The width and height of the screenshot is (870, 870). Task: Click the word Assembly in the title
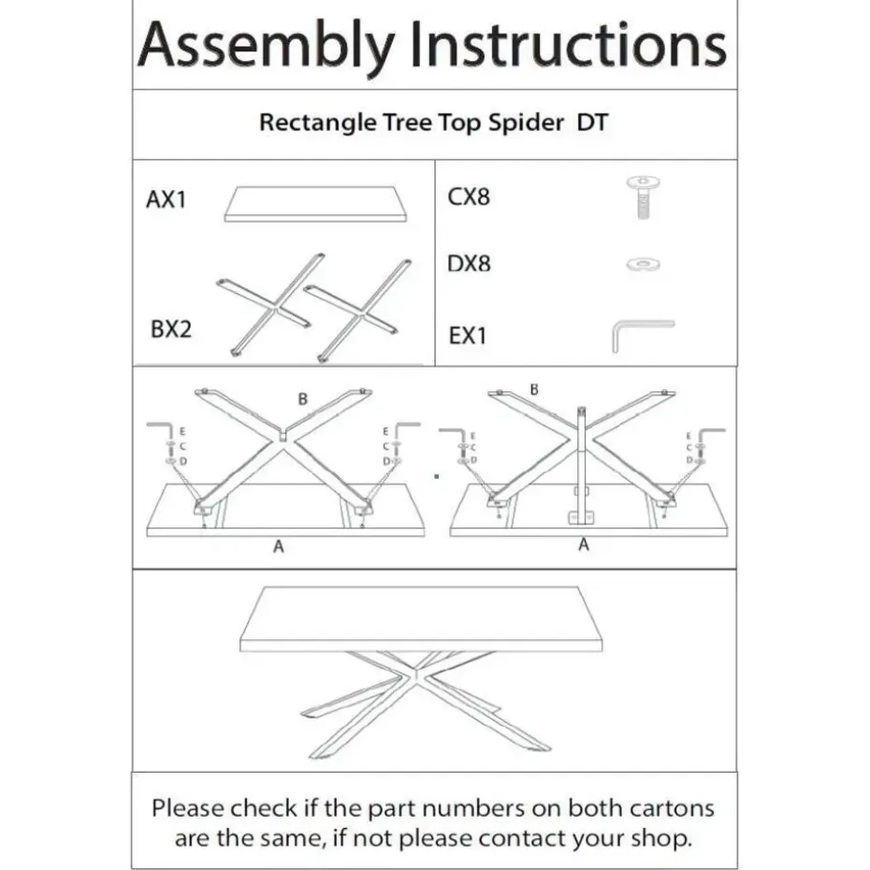(x=264, y=46)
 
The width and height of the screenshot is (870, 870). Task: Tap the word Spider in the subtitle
(x=524, y=123)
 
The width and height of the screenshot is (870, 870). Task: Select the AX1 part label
(x=167, y=200)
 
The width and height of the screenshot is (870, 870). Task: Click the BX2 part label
(x=170, y=329)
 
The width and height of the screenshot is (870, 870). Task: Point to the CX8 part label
(x=469, y=197)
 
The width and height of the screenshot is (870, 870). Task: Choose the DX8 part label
(x=469, y=264)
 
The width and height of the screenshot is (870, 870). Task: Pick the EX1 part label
(x=468, y=334)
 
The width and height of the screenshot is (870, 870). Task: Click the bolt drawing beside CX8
(x=643, y=196)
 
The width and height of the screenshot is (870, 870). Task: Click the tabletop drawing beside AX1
(x=323, y=204)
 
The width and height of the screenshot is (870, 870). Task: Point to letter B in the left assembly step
(x=302, y=399)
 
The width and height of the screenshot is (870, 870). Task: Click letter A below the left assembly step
(x=278, y=548)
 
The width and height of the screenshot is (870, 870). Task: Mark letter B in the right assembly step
(x=534, y=388)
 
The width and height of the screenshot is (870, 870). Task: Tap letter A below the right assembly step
(x=584, y=544)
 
